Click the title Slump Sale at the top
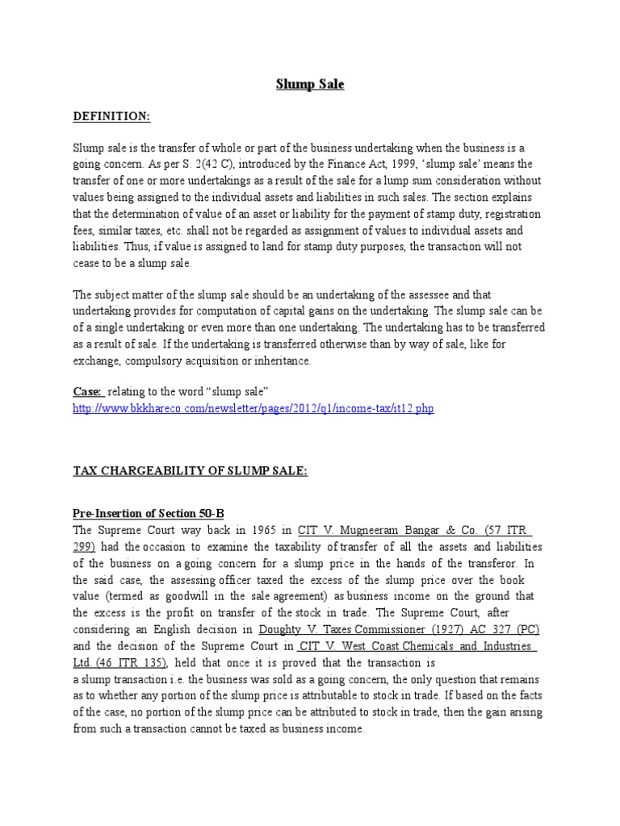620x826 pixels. click(x=311, y=84)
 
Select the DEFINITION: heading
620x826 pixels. click(x=111, y=117)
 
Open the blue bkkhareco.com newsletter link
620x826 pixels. click(x=253, y=409)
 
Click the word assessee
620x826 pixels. click(x=442, y=295)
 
